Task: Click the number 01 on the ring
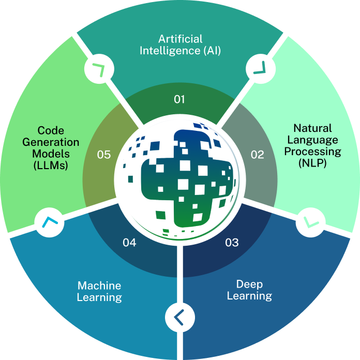click(x=179, y=99)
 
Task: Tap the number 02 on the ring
click(x=257, y=154)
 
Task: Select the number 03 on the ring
click(x=232, y=242)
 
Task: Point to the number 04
click(x=129, y=242)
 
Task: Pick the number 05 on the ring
click(x=104, y=154)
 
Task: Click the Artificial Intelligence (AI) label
click(x=180, y=44)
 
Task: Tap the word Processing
click(x=312, y=152)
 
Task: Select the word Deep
click(x=249, y=284)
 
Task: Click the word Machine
click(x=99, y=285)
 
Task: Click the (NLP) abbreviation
click(x=312, y=163)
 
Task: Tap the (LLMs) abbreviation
click(x=51, y=166)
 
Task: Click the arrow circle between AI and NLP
click(x=257, y=67)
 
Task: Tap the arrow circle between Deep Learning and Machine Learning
click(x=179, y=316)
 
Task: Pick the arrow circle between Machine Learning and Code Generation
click(x=49, y=222)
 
